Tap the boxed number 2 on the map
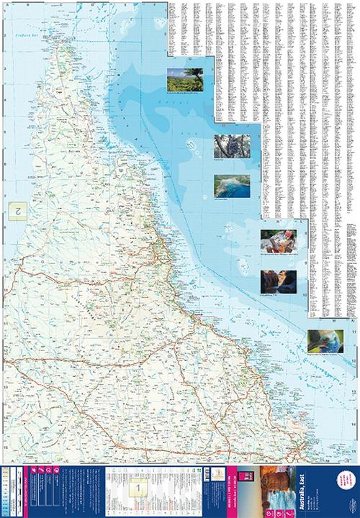pos(15,210)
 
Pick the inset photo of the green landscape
pos(185,80)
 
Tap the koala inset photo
pos(232,146)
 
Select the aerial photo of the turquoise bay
pos(232,186)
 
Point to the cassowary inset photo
pos(325,340)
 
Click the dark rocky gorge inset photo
pos(276,281)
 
